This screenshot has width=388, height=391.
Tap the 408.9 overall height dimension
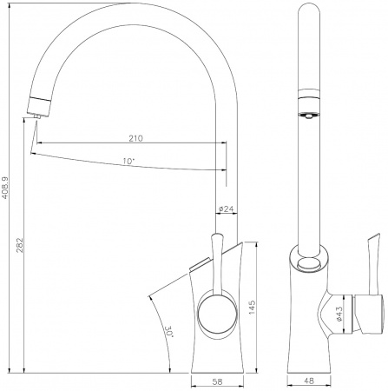7,189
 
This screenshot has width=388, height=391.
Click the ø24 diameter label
223,209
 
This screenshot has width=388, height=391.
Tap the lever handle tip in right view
378,235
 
